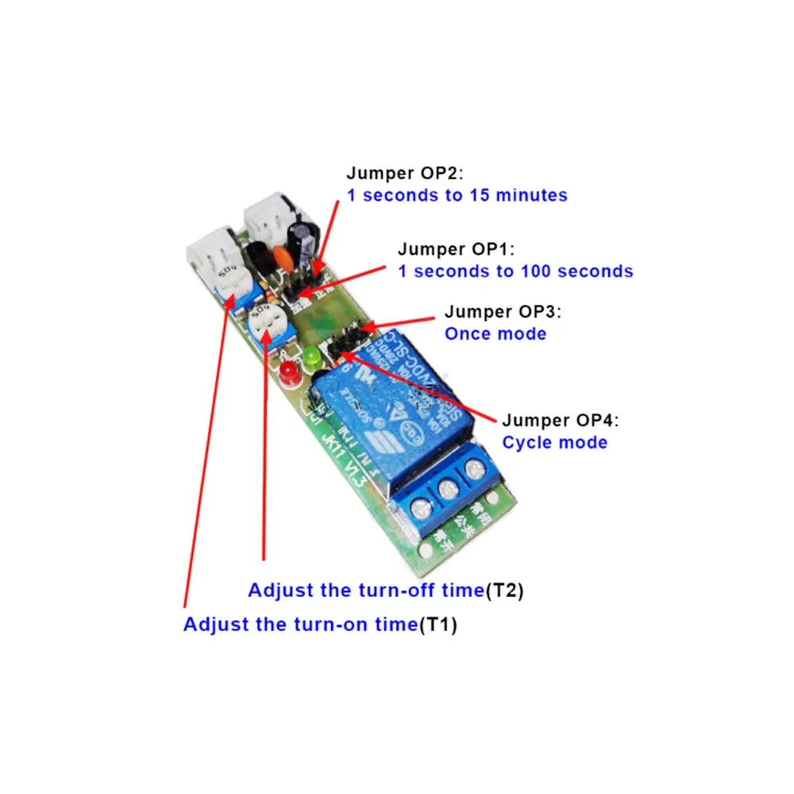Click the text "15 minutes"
(523, 195)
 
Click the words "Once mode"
(495, 333)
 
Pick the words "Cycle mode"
(554, 442)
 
